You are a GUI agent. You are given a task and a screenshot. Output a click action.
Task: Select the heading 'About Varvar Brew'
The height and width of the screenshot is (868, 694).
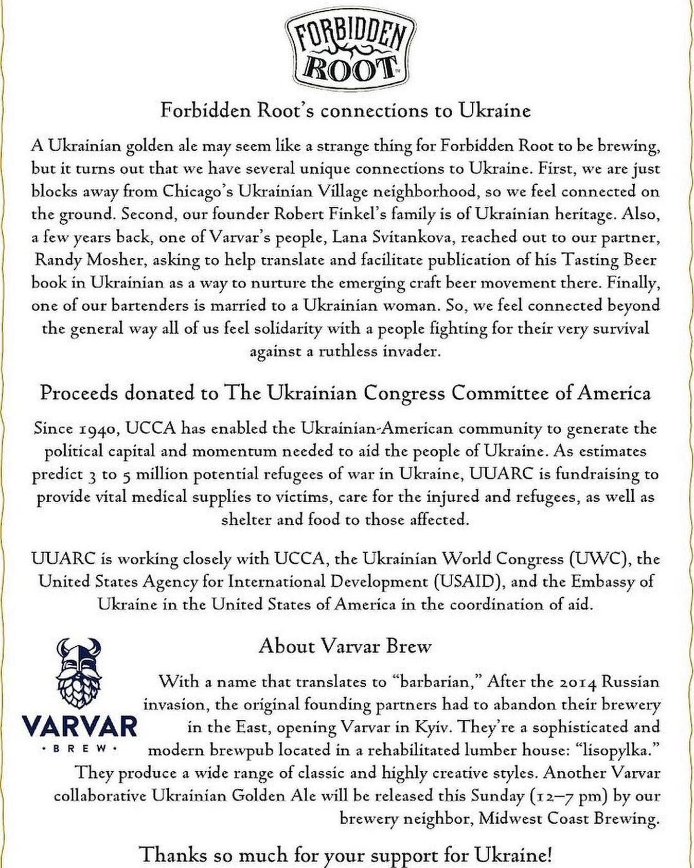coord(345,646)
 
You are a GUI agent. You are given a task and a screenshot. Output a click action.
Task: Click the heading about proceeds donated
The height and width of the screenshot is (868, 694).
coord(345,394)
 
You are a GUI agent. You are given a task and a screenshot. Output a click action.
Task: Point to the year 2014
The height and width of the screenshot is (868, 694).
coord(572,682)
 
